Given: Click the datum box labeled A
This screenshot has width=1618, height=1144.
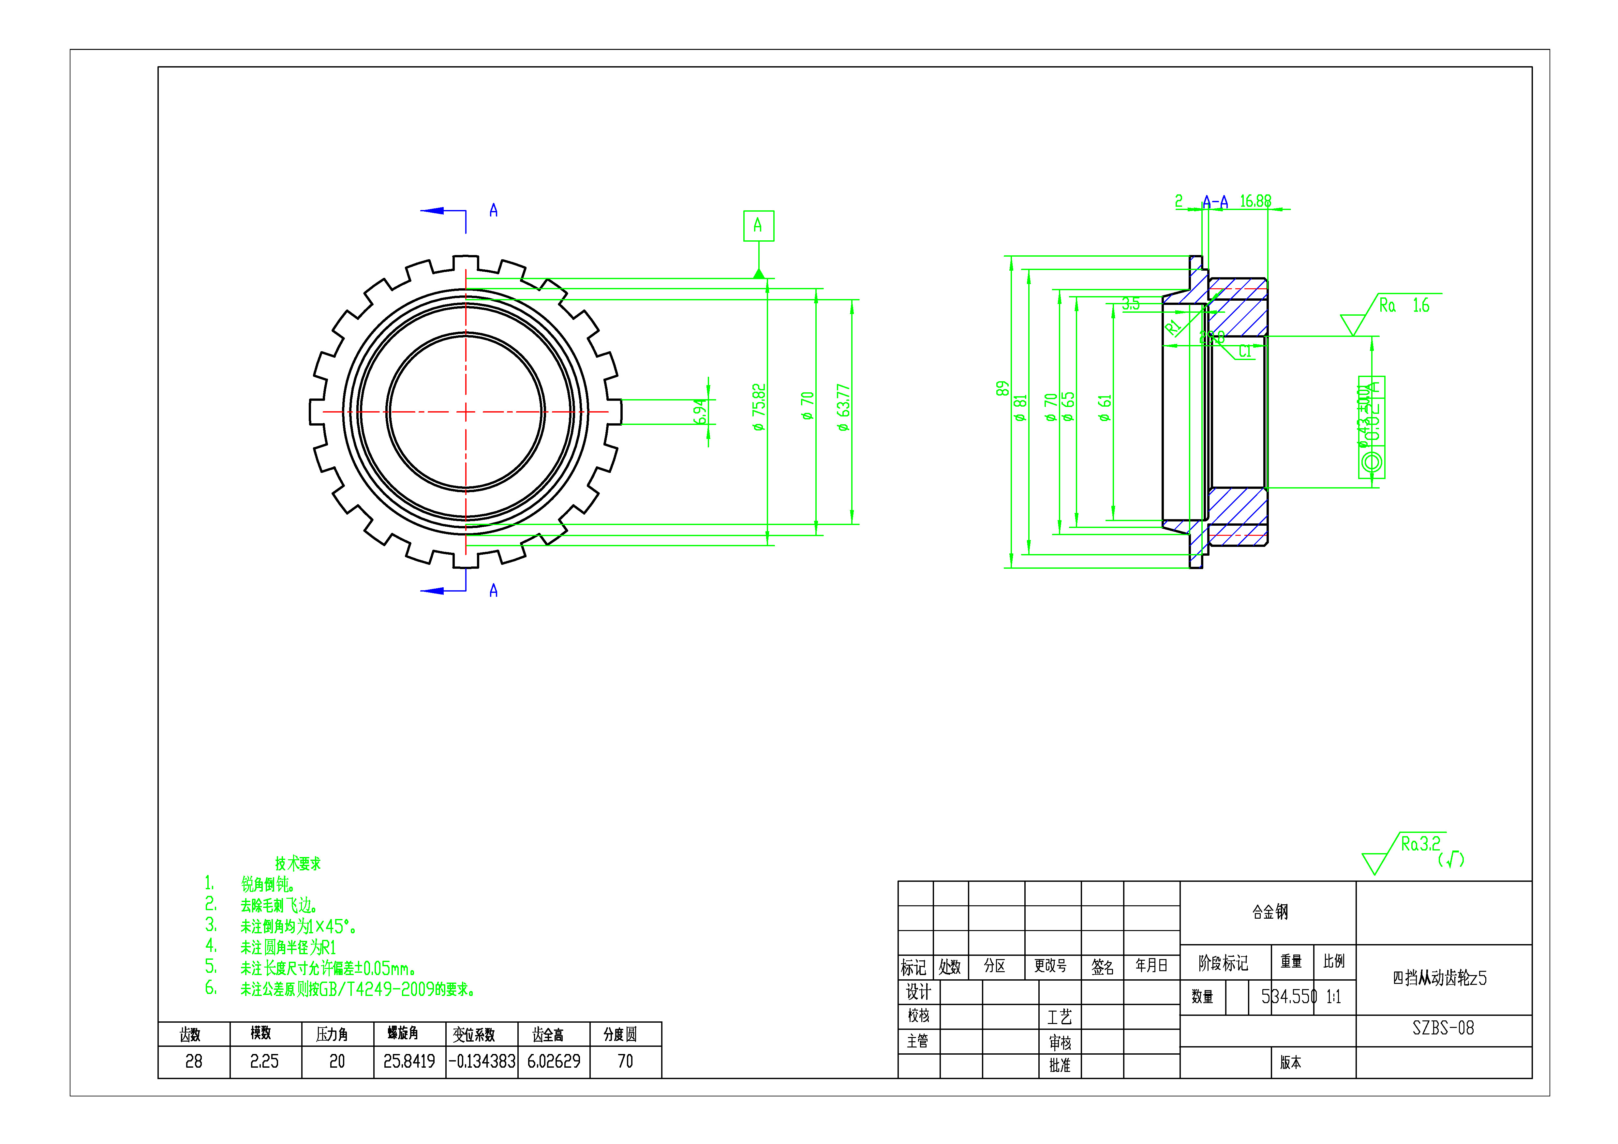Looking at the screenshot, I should pos(758,226).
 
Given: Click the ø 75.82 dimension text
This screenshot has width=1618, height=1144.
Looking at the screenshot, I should pos(758,407).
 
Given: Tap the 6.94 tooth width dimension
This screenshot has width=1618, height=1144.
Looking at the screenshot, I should pos(699,412).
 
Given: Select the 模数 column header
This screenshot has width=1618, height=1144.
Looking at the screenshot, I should pos(261,1033).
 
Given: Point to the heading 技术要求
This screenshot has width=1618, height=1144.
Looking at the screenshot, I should pos(297,864).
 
